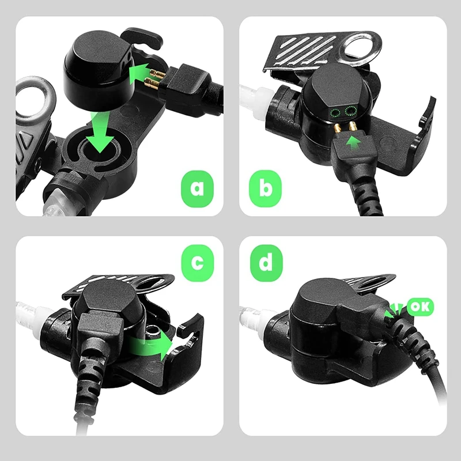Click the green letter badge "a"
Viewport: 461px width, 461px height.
click(197, 188)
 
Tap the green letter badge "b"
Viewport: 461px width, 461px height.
click(264, 188)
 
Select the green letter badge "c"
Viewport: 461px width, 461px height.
click(197, 263)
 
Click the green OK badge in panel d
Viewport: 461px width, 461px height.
click(421, 307)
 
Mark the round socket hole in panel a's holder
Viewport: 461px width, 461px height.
click(100, 151)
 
